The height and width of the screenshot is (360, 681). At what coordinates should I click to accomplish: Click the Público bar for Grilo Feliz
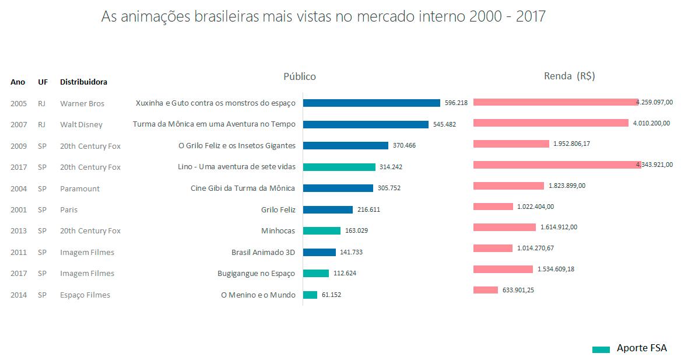[328, 209]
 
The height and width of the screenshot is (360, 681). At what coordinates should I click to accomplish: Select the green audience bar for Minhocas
[322, 230]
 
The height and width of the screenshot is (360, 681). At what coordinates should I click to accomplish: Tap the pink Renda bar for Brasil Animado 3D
[493, 248]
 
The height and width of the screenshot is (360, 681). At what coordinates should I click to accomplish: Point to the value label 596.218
[456, 103]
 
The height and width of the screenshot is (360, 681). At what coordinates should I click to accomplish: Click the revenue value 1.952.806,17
[571, 144]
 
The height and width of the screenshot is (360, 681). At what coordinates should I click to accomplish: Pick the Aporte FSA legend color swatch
[601, 349]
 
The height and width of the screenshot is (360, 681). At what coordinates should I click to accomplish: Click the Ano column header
[18, 82]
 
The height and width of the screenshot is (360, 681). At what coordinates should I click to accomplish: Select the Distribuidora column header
[83, 82]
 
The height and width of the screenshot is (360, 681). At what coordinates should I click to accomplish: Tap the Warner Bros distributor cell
[82, 104]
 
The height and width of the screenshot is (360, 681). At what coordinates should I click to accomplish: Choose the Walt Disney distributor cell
[81, 125]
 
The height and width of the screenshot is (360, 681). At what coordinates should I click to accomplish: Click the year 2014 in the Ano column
[19, 295]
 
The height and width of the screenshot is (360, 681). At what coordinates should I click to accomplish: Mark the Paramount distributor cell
[80, 188]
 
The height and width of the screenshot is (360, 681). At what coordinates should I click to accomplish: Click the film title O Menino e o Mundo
[258, 295]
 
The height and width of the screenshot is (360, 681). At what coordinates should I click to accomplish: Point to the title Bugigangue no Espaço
[256, 274]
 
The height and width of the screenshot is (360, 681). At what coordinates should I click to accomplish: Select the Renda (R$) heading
[569, 76]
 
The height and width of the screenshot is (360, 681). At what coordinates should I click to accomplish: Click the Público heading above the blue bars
[300, 76]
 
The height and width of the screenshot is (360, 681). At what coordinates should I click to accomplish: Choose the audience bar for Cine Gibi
[338, 188]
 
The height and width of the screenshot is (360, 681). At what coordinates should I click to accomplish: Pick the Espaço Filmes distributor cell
[85, 295]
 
